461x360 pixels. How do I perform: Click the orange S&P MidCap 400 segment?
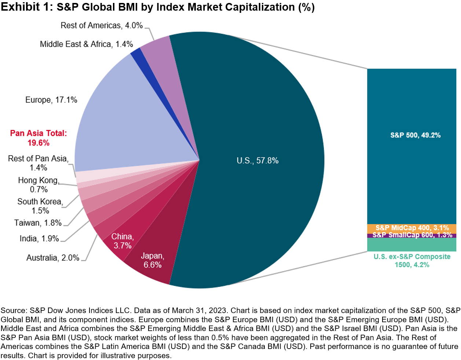click(x=411, y=228)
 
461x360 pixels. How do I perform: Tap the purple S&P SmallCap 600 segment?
click(x=411, y=236)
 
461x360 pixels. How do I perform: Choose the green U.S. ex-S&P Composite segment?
click(x=411, y=245)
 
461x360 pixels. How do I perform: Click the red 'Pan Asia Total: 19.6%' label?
click(x=39, y=138)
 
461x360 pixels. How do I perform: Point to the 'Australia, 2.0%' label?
click(x=53, y=258)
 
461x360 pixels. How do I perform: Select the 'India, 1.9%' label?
click(x=39, y=239)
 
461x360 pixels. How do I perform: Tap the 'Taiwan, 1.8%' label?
click(x=38, y=223)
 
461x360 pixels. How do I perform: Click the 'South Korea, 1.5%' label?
click(x=40, y=206)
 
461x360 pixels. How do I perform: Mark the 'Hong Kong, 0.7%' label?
click(x=39, y=185)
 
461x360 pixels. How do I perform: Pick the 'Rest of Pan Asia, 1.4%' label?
click(x=38, y=163)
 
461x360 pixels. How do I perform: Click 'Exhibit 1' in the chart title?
click(x=26, y=7)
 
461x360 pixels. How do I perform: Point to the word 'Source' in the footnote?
click(x=13, y=311)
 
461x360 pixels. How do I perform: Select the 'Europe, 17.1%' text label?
click(x=51, y=100)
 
